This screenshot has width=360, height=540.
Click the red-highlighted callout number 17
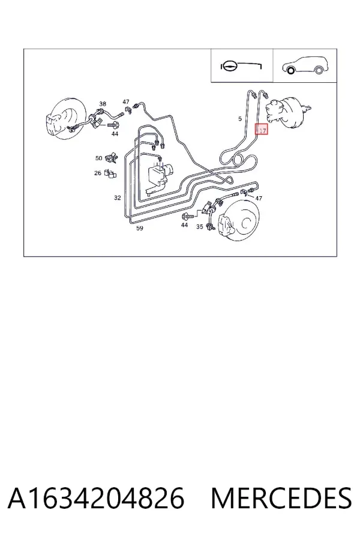(262, 130)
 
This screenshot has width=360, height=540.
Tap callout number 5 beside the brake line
(240, 119)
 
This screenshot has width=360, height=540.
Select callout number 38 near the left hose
(103, 103)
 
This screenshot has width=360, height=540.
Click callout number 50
(99, 158)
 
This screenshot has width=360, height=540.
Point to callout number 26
(98, 173)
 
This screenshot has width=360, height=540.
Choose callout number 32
(118, 197)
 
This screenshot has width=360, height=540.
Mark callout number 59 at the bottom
(140, 228)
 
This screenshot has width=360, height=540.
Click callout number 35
(200, 227)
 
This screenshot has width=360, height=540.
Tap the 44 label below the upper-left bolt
(115, 133)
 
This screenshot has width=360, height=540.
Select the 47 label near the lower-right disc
(259, 198)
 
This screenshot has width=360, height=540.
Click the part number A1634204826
(96, 499)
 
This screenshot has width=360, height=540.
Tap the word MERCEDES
(281, 499)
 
